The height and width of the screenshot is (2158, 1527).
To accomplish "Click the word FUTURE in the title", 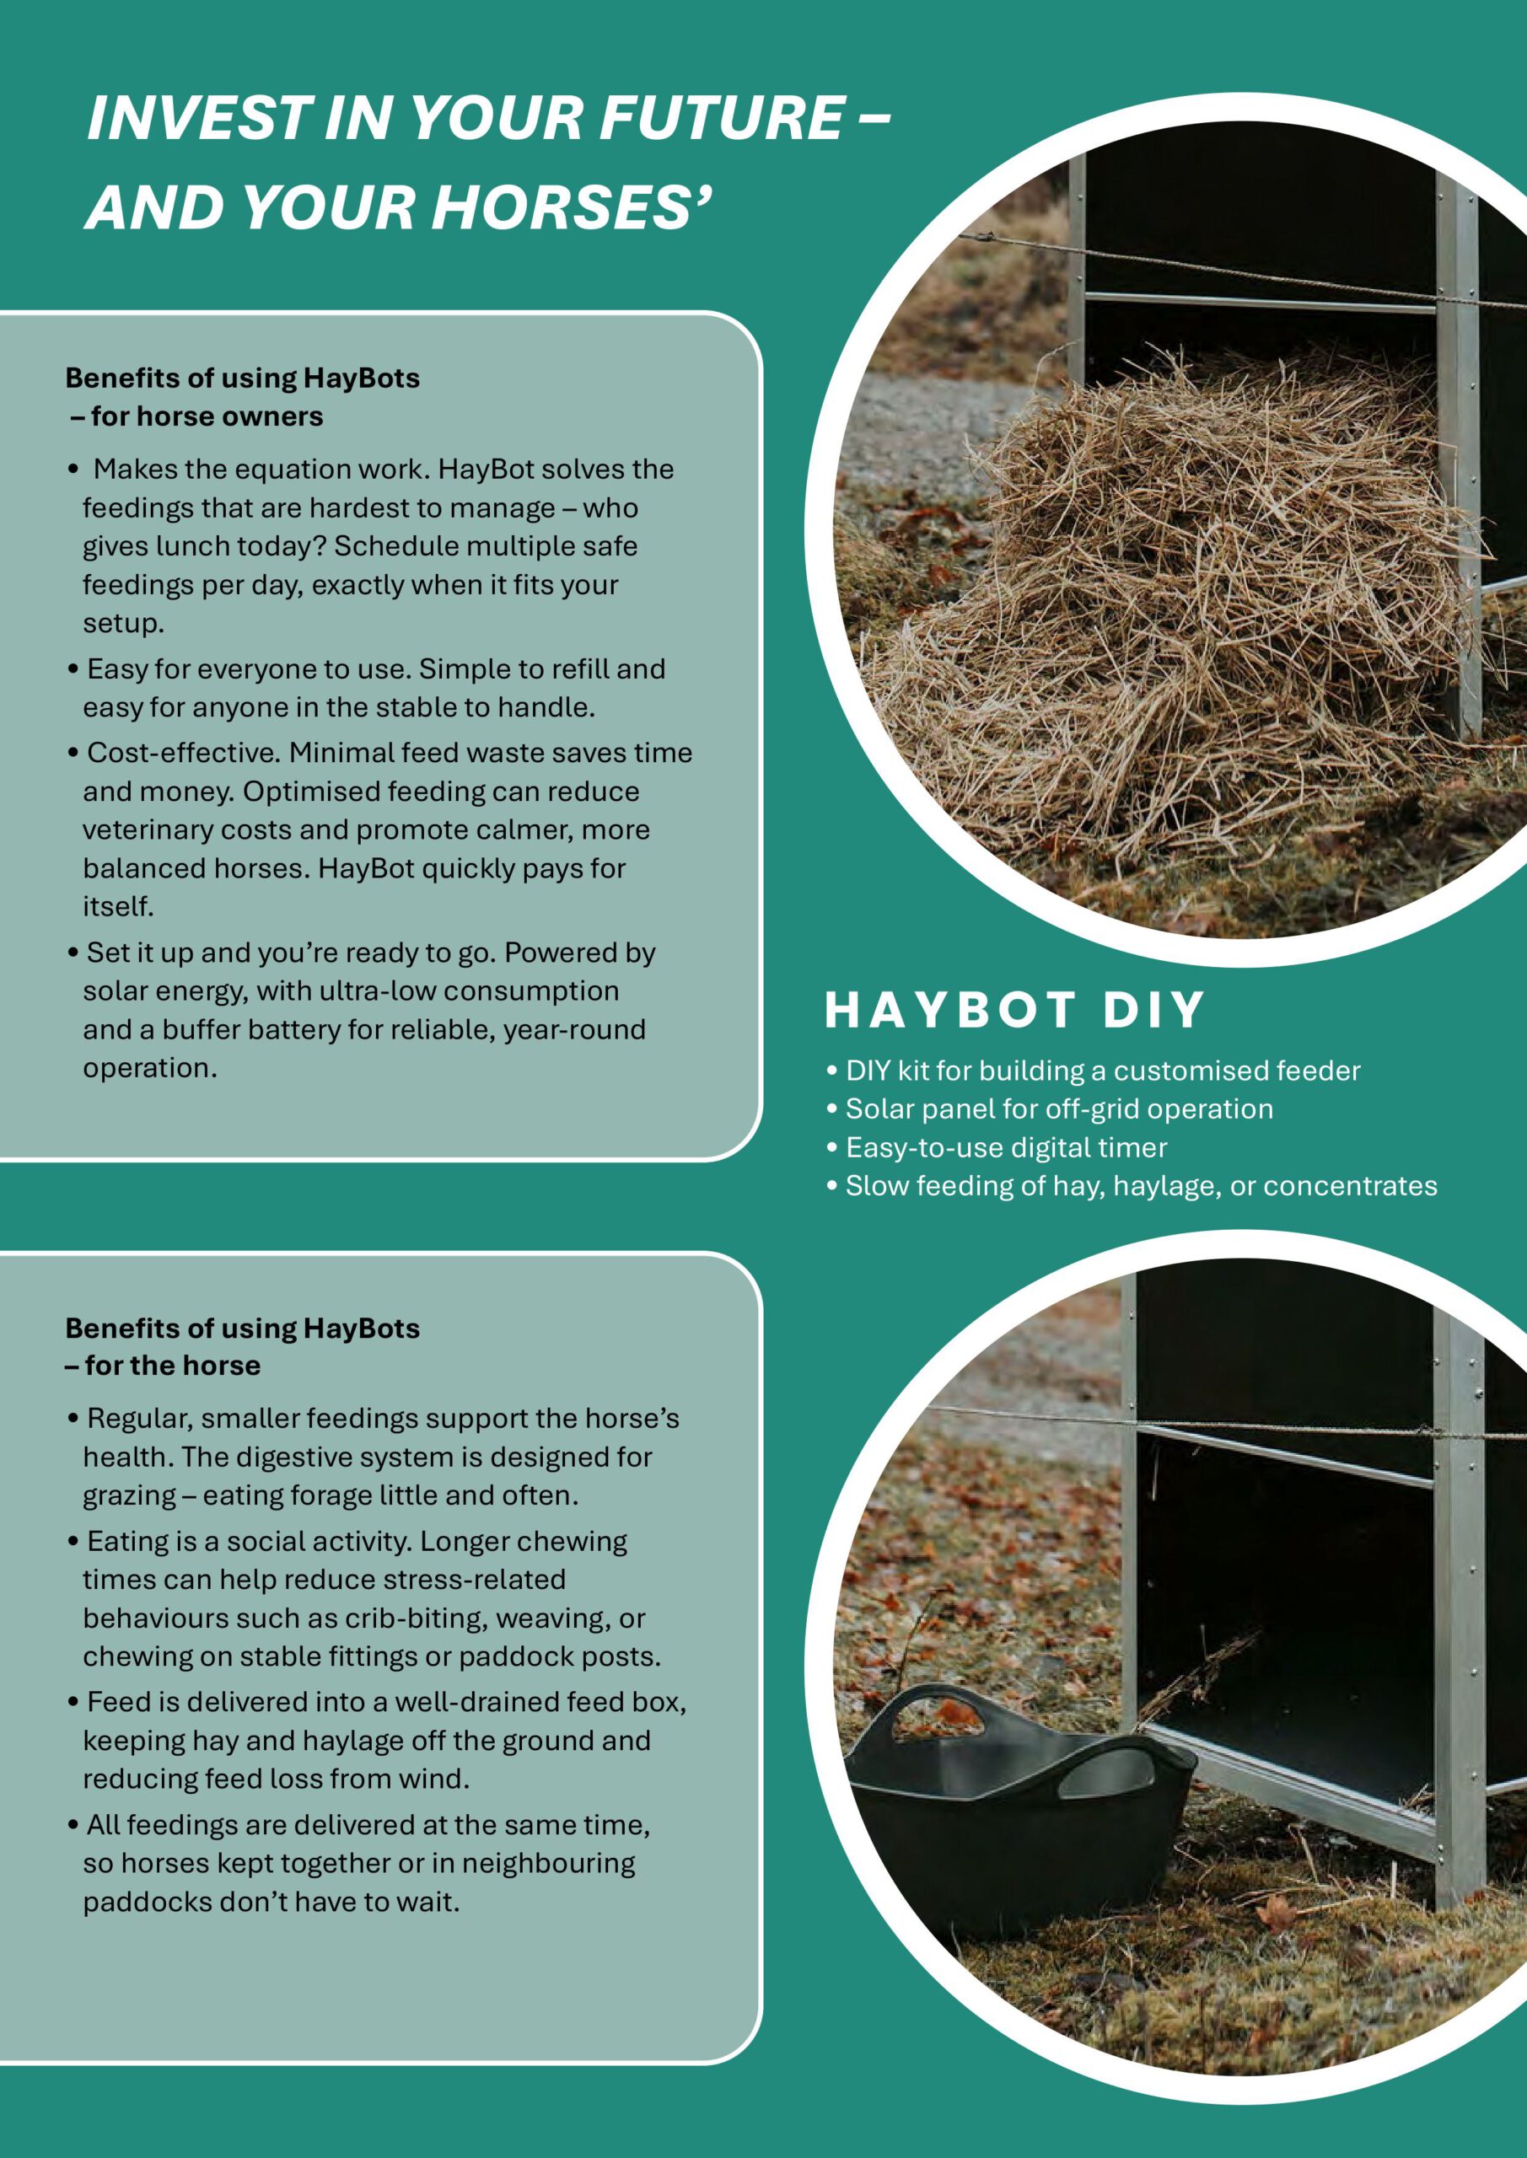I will (x=720, y=118).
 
